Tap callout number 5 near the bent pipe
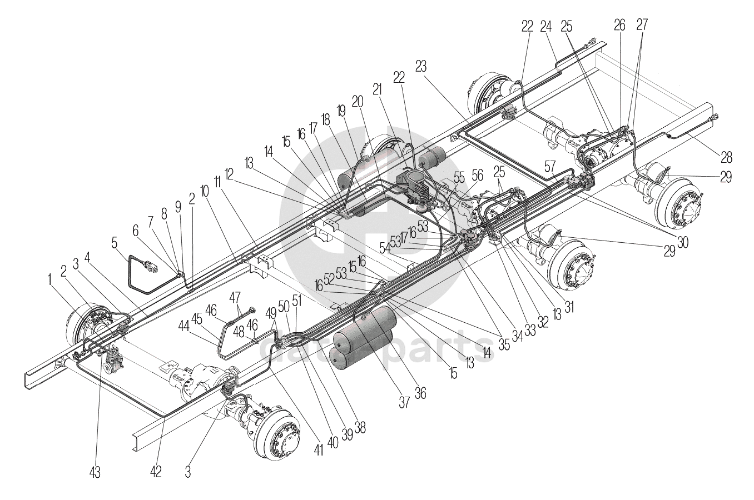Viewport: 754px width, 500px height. pyautogui.click(x=114, y=243)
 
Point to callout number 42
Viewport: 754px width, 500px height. pyautogui.click(x=156, y=472)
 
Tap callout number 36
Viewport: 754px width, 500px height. pyautogui.click(x=421, y=393)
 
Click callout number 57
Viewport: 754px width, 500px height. pyautogui.click(x=549, y=164)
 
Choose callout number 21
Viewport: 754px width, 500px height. pyautogui.click(x=378, y=89)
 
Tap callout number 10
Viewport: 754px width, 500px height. pyautogui.click(x=205, y=193)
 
